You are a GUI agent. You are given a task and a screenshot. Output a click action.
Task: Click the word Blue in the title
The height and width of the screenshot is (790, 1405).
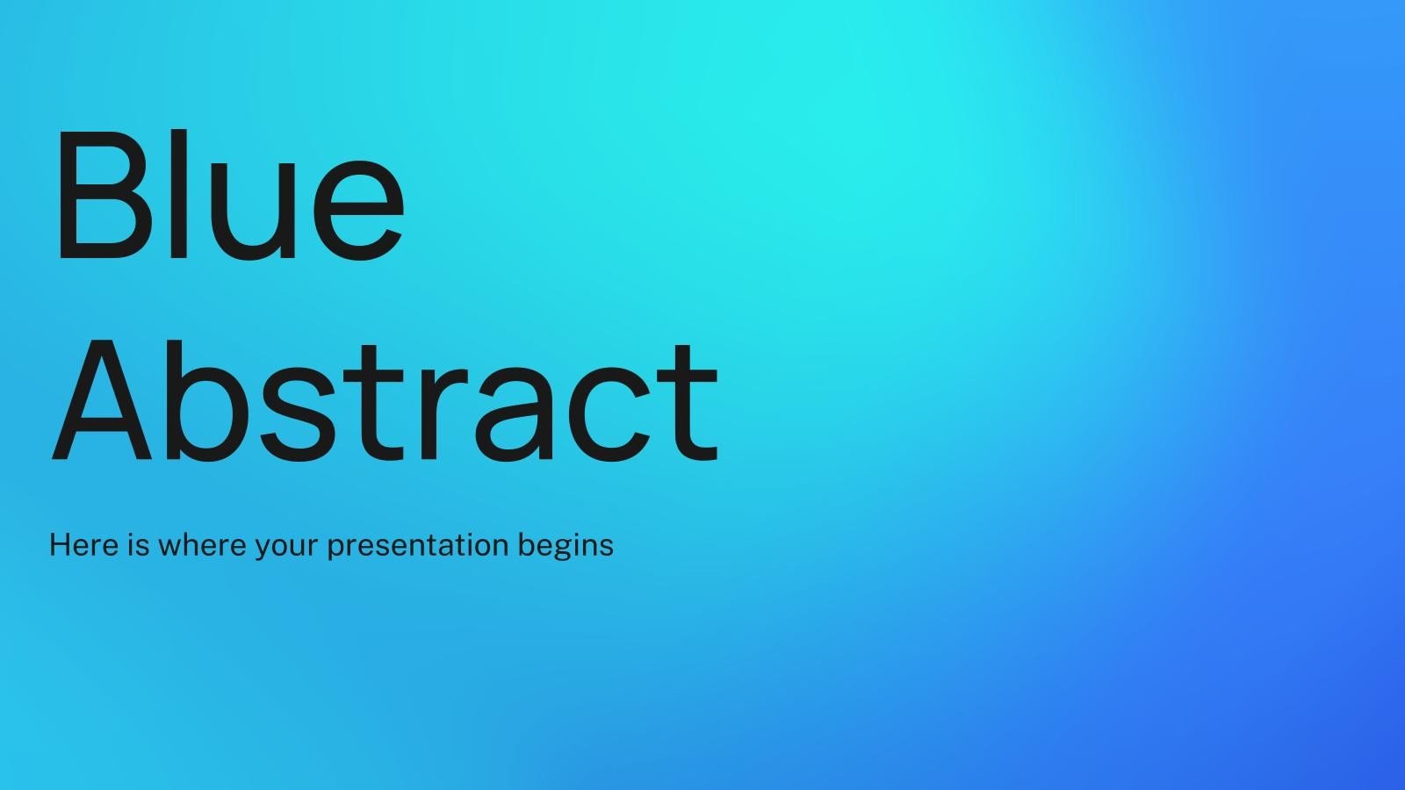click(x=228, y=195)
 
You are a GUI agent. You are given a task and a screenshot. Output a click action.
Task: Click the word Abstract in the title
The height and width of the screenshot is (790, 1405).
click(x=385, y=402)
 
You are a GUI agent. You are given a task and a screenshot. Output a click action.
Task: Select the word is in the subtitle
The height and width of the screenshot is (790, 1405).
click(x=139, y=545)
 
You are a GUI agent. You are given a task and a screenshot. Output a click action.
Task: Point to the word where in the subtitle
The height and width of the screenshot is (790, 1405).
click(x=203, y=545)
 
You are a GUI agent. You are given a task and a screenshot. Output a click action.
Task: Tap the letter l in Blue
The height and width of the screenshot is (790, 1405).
click(x=178, y=195)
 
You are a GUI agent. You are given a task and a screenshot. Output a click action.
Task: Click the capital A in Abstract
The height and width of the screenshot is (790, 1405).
click(x=102, y=402)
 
